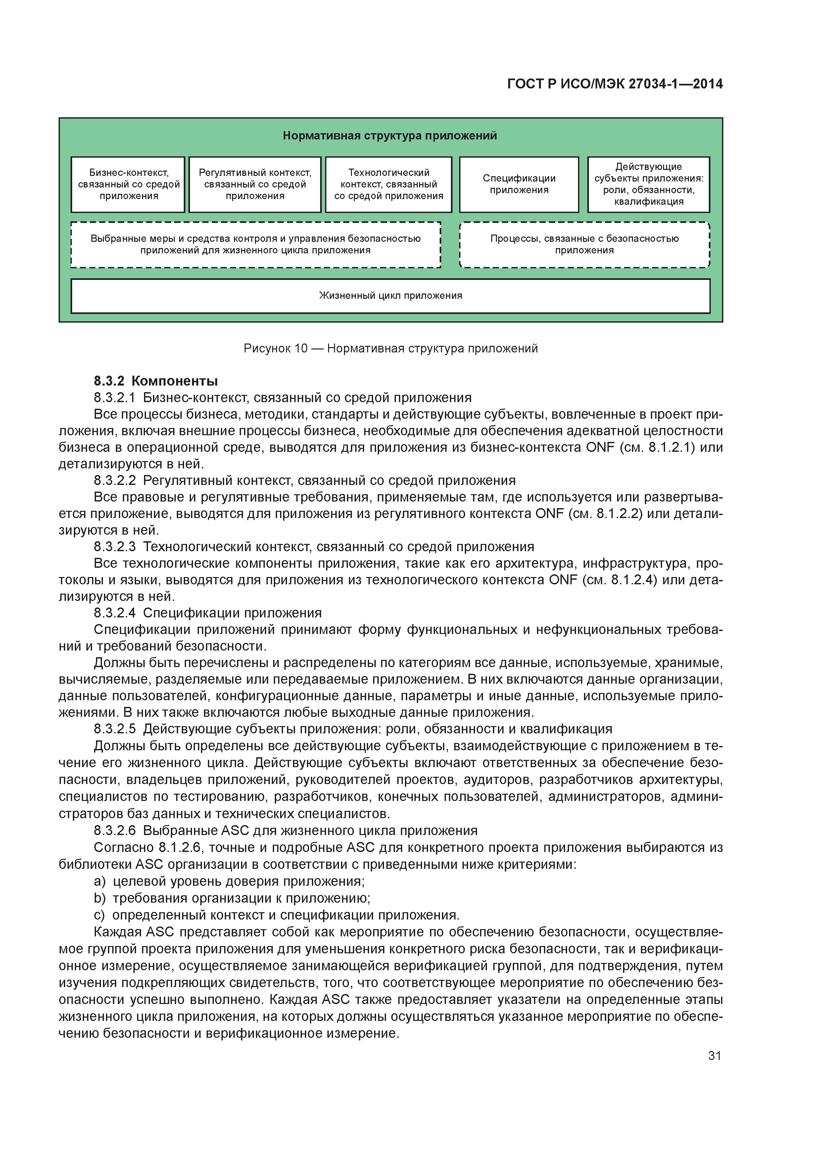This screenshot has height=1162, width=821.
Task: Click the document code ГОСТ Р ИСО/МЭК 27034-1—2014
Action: [615, 84]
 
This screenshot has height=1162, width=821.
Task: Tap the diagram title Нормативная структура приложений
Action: [390, 135]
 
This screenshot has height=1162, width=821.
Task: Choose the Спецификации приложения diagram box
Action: [519, 184]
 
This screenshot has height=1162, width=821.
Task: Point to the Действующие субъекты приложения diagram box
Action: [649, 184]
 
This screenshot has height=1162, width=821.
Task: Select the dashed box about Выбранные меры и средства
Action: [256, 244]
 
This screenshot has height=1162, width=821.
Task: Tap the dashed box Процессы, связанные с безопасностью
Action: [584, 244]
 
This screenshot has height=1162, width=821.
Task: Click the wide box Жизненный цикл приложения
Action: [390, 295]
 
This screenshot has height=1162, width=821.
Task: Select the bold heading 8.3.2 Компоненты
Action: [156, 381]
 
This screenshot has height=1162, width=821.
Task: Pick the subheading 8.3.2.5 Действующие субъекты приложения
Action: [353, 729]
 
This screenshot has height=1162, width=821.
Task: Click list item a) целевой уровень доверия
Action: [229, 881]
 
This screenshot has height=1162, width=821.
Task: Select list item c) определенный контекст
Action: [277, 915]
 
